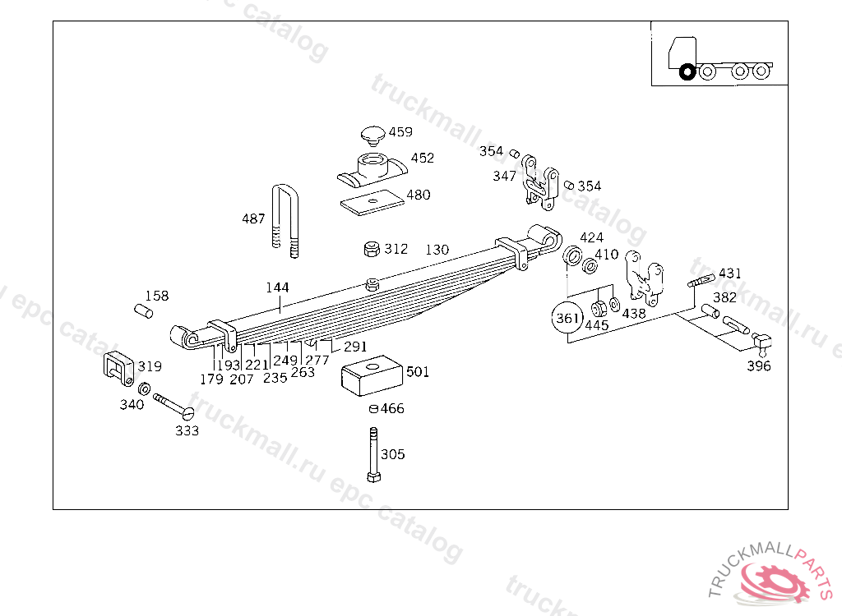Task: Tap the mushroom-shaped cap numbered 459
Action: tap(372, 136)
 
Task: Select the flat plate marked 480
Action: tap(372, 201)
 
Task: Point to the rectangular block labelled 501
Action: tap(372, 375)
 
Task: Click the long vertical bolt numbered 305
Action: tap(374, 454)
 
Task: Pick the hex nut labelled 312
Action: tap(372, 249)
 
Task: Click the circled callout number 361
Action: tap(567, 318)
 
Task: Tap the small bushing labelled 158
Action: tap(143, 310)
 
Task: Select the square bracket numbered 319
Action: tap(118, 368)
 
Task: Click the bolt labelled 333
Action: tap(173, 407)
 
